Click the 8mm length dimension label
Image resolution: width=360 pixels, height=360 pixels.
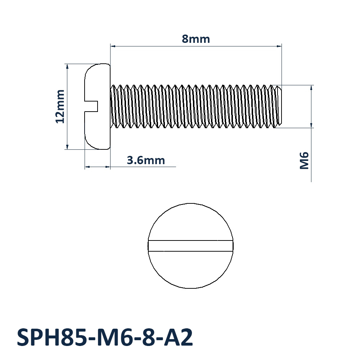tap(196, 39)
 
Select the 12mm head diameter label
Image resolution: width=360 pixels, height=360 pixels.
tap(60, 107)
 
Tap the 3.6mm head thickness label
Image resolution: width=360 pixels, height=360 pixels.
tap(146, 160)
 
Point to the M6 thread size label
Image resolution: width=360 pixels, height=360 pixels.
tap(304, 161)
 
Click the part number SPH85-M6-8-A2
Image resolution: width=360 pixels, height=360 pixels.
tap(105, 338)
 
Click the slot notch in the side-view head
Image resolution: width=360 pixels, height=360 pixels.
tap(91, 106)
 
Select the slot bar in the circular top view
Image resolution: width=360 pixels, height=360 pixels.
tap(190, 246)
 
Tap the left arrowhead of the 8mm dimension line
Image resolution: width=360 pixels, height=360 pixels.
tap(113, 46)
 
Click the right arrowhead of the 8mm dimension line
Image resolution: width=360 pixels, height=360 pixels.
tap(279, 46)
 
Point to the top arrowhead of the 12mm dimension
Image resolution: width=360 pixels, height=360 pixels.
tap(67, 67)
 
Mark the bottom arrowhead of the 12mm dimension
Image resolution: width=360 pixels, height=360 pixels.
tap(67, 147)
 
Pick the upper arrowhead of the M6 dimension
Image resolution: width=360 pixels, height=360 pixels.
tap(311, 88)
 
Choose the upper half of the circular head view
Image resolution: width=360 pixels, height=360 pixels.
tap(190, 222)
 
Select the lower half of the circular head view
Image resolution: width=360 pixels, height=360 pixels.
tap(190, 270)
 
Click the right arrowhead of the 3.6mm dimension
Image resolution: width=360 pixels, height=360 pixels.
tap(108, 167)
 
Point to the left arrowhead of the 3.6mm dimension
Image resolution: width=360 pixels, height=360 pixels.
tap(87, 167)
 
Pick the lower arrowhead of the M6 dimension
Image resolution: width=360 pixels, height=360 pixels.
tap(311, 125)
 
